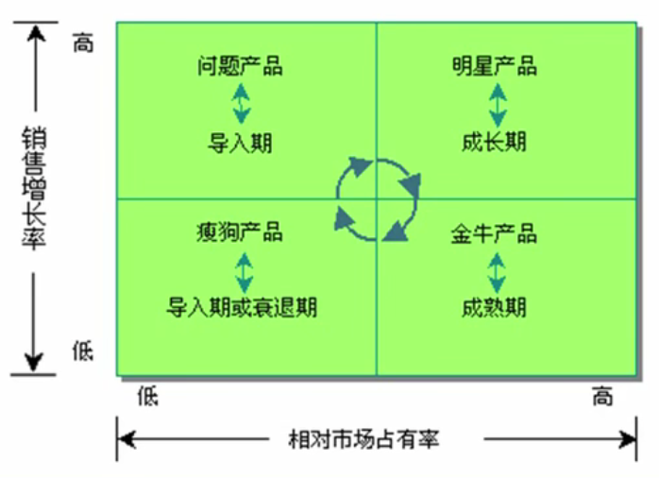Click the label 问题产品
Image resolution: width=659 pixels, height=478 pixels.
pos(241,66)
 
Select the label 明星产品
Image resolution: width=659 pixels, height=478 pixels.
pos(495,66)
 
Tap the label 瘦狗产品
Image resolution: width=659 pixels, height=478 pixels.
pos(240,231)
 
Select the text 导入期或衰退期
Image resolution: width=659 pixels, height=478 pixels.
pos(242,307)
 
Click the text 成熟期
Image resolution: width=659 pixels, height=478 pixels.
pos(495,307)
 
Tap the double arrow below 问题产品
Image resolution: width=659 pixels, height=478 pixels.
pos(242,104)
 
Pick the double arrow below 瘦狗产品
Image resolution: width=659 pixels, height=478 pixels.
pos(242,270)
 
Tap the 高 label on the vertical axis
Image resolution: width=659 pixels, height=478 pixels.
pos(84,43)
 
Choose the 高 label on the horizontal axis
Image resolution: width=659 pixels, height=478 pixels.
pos(602,397)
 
